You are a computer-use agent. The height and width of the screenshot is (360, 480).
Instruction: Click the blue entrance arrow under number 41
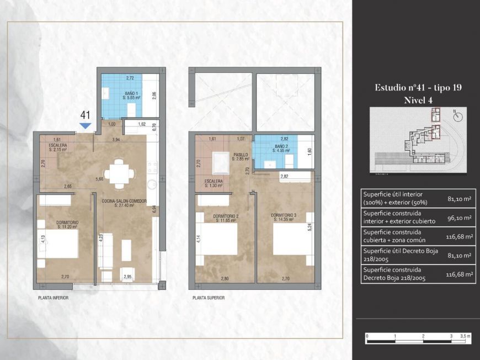(85, 126)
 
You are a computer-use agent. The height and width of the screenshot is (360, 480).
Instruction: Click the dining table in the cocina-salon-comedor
(119, 172)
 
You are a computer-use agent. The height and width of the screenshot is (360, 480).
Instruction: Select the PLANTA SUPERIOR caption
(209, 298)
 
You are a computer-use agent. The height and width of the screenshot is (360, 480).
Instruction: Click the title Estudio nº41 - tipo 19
(418, 88)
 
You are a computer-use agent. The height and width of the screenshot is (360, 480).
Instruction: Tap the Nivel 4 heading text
(418, 100)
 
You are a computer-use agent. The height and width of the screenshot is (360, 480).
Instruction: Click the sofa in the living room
(106, 251)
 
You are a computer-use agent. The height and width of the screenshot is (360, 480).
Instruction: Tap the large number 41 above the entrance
(86, 115)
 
